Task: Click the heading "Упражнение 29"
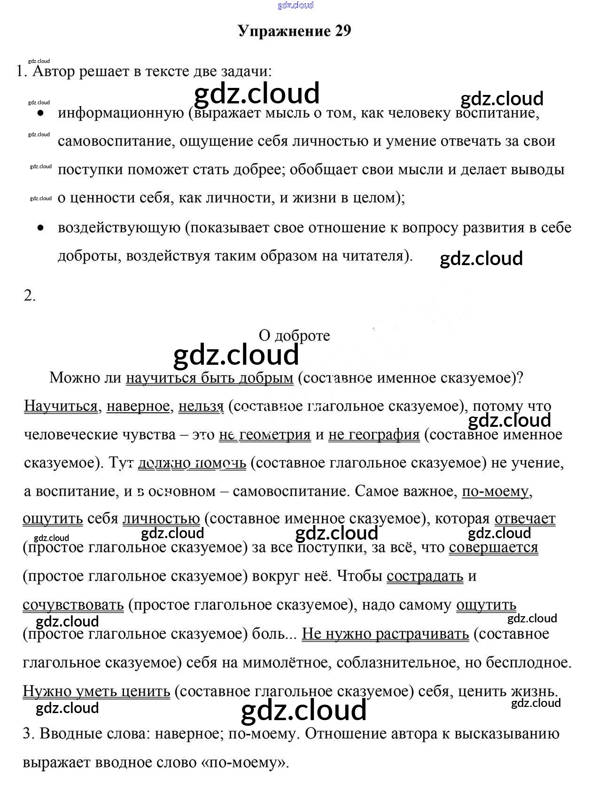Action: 295,31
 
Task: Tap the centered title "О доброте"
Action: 294,336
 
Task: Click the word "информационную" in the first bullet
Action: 121,113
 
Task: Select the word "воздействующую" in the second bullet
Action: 119,228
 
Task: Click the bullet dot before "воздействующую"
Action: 41,228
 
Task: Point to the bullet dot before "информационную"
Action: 41,114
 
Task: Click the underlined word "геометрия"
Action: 275,435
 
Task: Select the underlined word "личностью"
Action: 161,519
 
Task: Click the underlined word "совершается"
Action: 493,548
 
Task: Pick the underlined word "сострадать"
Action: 425,576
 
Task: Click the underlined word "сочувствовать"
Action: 73,605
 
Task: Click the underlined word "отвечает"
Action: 525,519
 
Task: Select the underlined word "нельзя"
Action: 201,406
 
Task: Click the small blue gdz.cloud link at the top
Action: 295,5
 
